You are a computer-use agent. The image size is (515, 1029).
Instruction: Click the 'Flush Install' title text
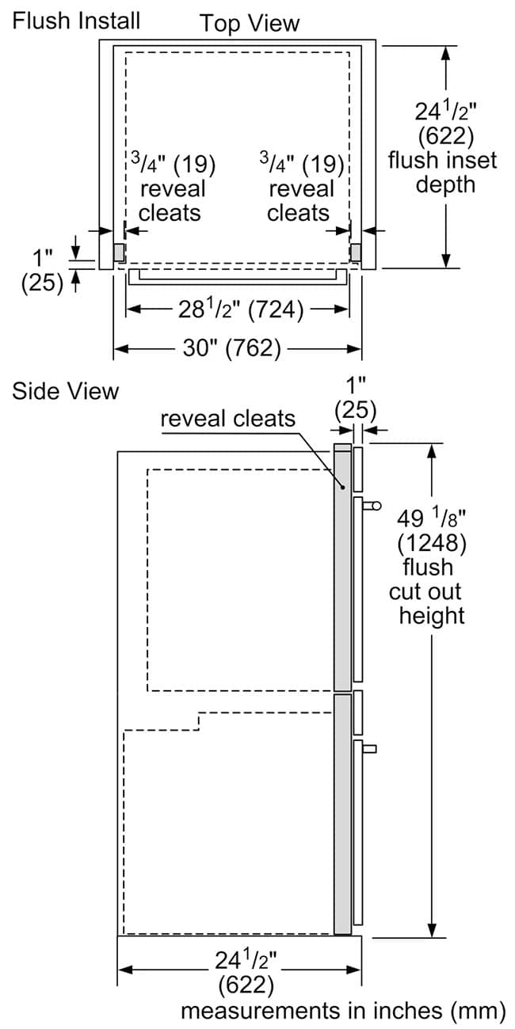[76, 19]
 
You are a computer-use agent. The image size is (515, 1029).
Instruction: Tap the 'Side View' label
[65, 391]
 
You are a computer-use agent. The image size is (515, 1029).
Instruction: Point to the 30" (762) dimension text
[232, 348]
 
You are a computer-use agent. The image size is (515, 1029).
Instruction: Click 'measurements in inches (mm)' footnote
[342, 1010]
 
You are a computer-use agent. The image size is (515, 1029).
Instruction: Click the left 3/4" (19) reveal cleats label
[171, 188]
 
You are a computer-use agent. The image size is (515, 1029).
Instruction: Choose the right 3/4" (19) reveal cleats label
[300, 188]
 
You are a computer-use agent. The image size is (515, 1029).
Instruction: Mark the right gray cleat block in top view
[356, 253]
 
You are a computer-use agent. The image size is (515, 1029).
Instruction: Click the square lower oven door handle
[370, 748]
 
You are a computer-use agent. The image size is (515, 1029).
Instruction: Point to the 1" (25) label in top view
[43, 270]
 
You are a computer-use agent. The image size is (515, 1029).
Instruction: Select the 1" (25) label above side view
[355, 397]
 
